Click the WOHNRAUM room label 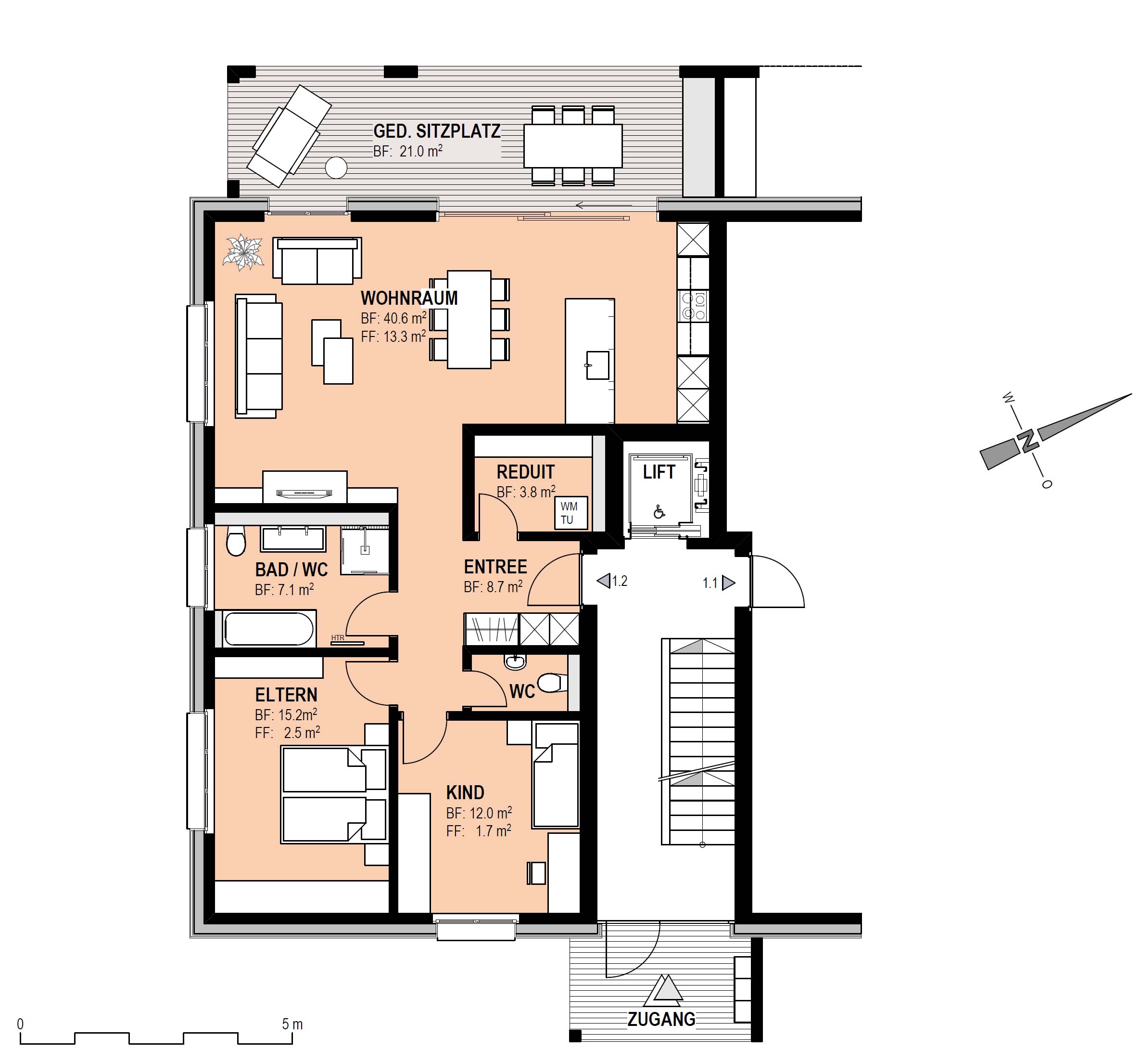coord(409,298)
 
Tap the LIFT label coord(659,472)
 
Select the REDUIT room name coord(525,472)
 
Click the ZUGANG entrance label coord(661,1019)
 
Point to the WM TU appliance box coord(571,513)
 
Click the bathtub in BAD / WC coord(268,629)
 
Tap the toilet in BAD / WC coord(235,541)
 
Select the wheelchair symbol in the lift coord(659,511)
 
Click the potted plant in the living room coord(244,253)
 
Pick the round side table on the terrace coord(336,168)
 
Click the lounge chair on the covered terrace coord(289,136)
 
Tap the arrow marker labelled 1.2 coord(603,581)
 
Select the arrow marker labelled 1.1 coord(728,583)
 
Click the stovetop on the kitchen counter coord(693,306)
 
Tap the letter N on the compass coord(1028,440)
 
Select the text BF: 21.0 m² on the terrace coord(408,151)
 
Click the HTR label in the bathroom coord(338,637)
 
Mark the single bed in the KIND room coord(556,775)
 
